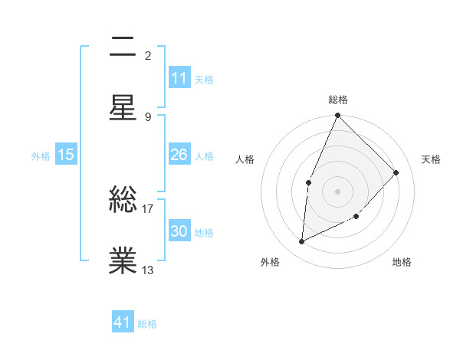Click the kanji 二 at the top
tap(123, 47)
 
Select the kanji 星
tap(123, 108)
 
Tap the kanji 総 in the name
tap(123, 201)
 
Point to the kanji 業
tap(123, 261)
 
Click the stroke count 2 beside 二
tap(147, 56)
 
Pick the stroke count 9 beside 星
tap(147, 117)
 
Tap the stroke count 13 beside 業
tap(148, 270)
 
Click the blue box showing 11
tap(179, 78)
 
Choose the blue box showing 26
tap(179, 155)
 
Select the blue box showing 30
tap(179, 231)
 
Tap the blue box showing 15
tap(66, 155)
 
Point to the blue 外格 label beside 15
tap(41, 155)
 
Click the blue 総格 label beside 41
tap(147, 323)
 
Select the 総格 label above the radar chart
tap(337, 100)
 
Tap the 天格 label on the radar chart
tap(431, 159)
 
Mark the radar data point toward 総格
tap(337, 116)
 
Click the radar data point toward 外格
tap(302, 242)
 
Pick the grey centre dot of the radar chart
tap(337, 191)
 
